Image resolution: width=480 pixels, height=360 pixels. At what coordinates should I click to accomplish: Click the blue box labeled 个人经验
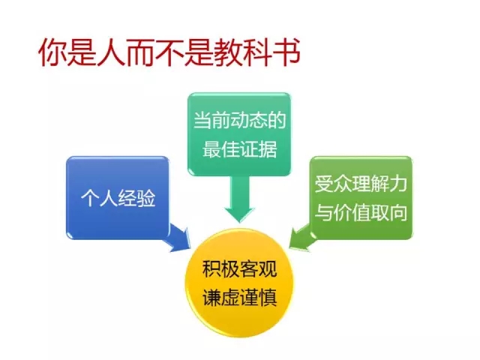(x=118, y=198)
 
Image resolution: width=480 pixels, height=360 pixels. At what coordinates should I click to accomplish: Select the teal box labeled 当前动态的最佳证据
(x=239, y=134)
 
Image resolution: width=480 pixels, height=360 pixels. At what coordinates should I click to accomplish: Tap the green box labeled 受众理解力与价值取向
(x=361, y=198)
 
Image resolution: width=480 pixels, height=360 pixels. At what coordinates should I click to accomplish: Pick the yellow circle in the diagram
(x=239, y=283)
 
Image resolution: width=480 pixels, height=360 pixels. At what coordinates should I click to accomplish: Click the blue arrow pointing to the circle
(x=178, y=238)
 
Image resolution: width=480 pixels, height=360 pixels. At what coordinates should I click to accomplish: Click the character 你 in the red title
(x=52, y=52)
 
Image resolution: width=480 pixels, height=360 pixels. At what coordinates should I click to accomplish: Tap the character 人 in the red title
(x=111, y=52)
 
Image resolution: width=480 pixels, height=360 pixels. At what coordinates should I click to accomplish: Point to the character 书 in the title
(x=286, y=52)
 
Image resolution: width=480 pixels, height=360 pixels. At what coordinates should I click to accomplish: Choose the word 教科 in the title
(x=242, y=52)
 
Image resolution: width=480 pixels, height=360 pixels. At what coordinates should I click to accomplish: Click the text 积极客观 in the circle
(x=239, y=268)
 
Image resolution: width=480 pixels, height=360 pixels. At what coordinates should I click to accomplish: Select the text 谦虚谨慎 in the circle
(x=239, y=297)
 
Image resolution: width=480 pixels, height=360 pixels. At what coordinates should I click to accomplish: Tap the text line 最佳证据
(x=239, y=149)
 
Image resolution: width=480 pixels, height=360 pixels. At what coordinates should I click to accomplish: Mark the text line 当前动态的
(x=239, y=120)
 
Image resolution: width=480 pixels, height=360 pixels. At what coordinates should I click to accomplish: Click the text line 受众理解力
(x=361, y=184)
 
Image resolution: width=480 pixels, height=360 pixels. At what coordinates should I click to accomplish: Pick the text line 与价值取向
(x=361, y=212)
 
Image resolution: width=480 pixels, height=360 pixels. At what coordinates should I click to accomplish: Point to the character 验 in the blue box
(x=146, y=198)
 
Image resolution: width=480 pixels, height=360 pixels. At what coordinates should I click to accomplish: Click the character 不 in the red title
(x=169, y=52)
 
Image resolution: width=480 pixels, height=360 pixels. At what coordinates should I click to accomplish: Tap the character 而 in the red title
(x=140, y=52)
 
